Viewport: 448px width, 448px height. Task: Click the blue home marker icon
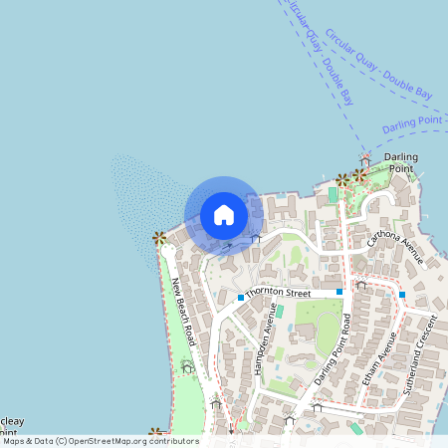point(224,215)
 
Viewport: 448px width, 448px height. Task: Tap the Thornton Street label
point(279,293)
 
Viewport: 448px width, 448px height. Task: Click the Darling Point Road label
point(334,348)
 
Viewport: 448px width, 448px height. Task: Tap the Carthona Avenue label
point(395,248)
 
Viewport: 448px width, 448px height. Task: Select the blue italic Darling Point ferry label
point(412,124)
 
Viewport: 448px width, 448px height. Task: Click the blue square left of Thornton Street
point(241,297)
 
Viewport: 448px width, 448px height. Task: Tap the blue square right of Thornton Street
point(339,291)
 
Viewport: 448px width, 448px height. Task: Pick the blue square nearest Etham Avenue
point(402,294)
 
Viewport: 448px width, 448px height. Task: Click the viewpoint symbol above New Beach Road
point(159,238)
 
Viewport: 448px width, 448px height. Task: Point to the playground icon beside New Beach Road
point(187,367)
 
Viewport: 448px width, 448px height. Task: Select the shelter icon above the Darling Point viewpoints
point(365,160)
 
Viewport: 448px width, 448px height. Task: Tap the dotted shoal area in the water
point(139,199)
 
